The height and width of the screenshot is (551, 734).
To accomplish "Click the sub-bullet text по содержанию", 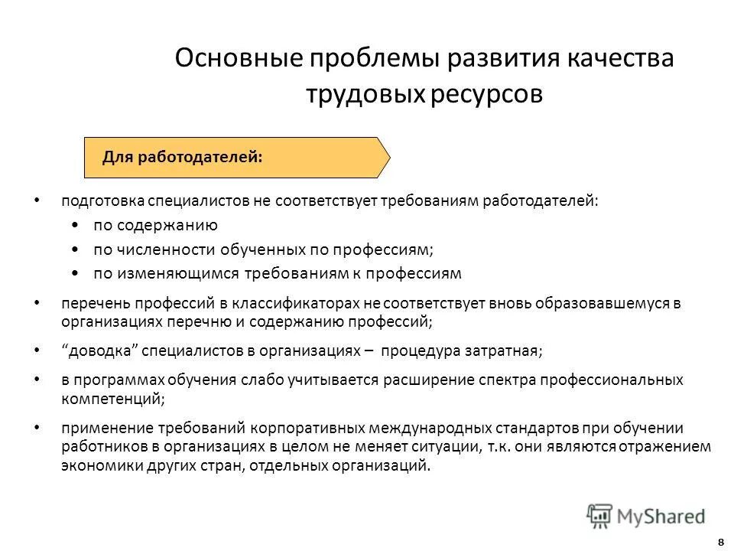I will point(156,225).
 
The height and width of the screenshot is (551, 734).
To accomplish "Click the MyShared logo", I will point(646,515).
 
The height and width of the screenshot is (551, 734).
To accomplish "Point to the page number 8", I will point(721,542).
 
